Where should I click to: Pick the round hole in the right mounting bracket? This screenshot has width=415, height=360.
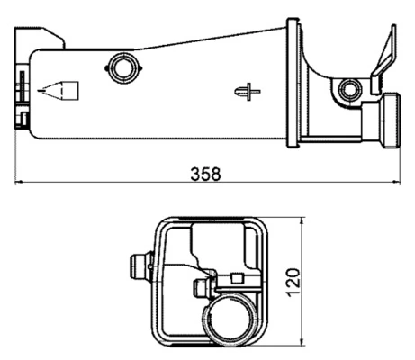click(x=349, y=89)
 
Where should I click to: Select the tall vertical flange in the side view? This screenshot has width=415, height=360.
click(x=293, y=83)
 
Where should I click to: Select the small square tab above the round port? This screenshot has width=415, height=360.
click(x=239, y=279)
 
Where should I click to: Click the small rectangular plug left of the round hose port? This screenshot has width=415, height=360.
click(x=201, y=288)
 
